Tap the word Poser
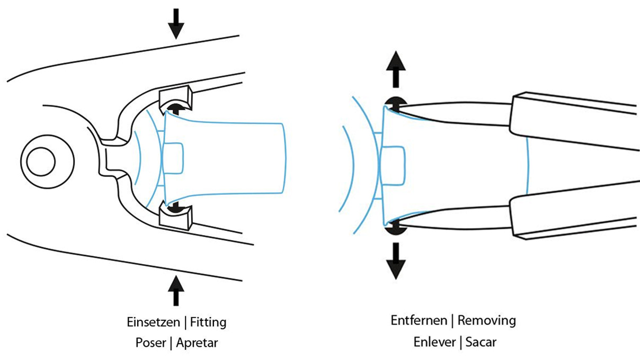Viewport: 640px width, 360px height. [150, 343]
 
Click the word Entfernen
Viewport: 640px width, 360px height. [420, 320]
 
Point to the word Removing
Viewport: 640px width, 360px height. [486, 320]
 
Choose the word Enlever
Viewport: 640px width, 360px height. [434, 341]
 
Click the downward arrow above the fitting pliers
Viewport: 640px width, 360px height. [176, 23]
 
